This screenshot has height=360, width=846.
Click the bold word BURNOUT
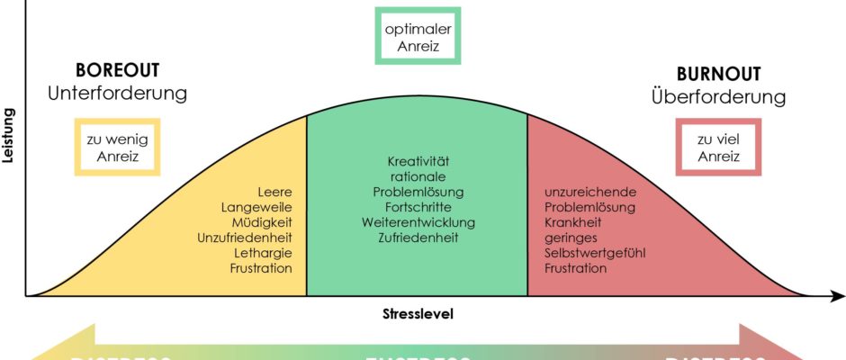pyautogui.click(x=718, y=75)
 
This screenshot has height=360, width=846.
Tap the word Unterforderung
pyautogui.click(x=117, y=94)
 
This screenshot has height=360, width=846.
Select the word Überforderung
pyautogui.click(x=718, y=96)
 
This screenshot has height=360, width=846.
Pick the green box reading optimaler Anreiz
pyautogui.click(x=417, y=36)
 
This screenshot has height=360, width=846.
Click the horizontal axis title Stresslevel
pyautogui.click(x=417, y=314)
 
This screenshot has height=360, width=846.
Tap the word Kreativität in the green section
pyautogui.click(x=417, y=161)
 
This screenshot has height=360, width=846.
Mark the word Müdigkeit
pyautogui.click(x=260, y=222)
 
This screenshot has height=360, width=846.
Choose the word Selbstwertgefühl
pyautogui.click(x=595, y=253)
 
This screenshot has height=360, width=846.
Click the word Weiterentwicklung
pyautogui.click(x=417, y=222)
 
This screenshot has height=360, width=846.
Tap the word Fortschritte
pyautogui.click(x=417, y=207)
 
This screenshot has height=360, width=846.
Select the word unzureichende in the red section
pyautogui.click(x=590, y=192)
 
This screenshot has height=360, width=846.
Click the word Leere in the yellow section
pyautogui.click(x=274, y=192)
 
